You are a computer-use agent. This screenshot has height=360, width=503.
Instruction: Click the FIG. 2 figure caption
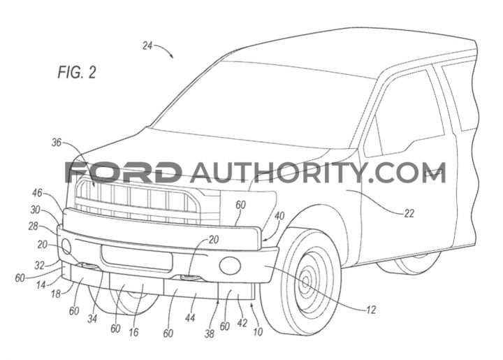77,72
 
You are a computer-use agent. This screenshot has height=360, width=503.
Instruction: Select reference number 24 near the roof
147,46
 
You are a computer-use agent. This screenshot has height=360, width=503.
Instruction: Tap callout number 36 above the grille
56,143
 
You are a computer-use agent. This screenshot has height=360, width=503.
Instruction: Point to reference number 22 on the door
409,213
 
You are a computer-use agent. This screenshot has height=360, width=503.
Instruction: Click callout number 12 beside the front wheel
371,310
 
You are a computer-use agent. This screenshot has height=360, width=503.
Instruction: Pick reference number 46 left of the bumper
37,193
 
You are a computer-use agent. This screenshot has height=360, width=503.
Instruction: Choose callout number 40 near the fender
279,215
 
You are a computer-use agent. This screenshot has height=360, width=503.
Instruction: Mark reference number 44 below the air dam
190,317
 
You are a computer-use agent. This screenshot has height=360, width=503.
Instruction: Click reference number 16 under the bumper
133,332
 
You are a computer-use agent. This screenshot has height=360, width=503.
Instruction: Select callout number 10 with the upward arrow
258,331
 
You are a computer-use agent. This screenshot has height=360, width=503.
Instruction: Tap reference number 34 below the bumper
92,319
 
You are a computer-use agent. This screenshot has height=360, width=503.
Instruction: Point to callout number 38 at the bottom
209,333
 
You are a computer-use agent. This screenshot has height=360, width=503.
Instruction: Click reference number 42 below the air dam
242,322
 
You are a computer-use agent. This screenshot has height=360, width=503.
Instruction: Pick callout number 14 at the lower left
41,285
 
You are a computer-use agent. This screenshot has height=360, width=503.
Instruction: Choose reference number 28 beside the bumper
34,226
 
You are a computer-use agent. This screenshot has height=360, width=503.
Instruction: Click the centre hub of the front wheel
306,282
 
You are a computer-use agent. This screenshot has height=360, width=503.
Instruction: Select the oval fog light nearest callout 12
230,265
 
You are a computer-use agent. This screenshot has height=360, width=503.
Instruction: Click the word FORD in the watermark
122,172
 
